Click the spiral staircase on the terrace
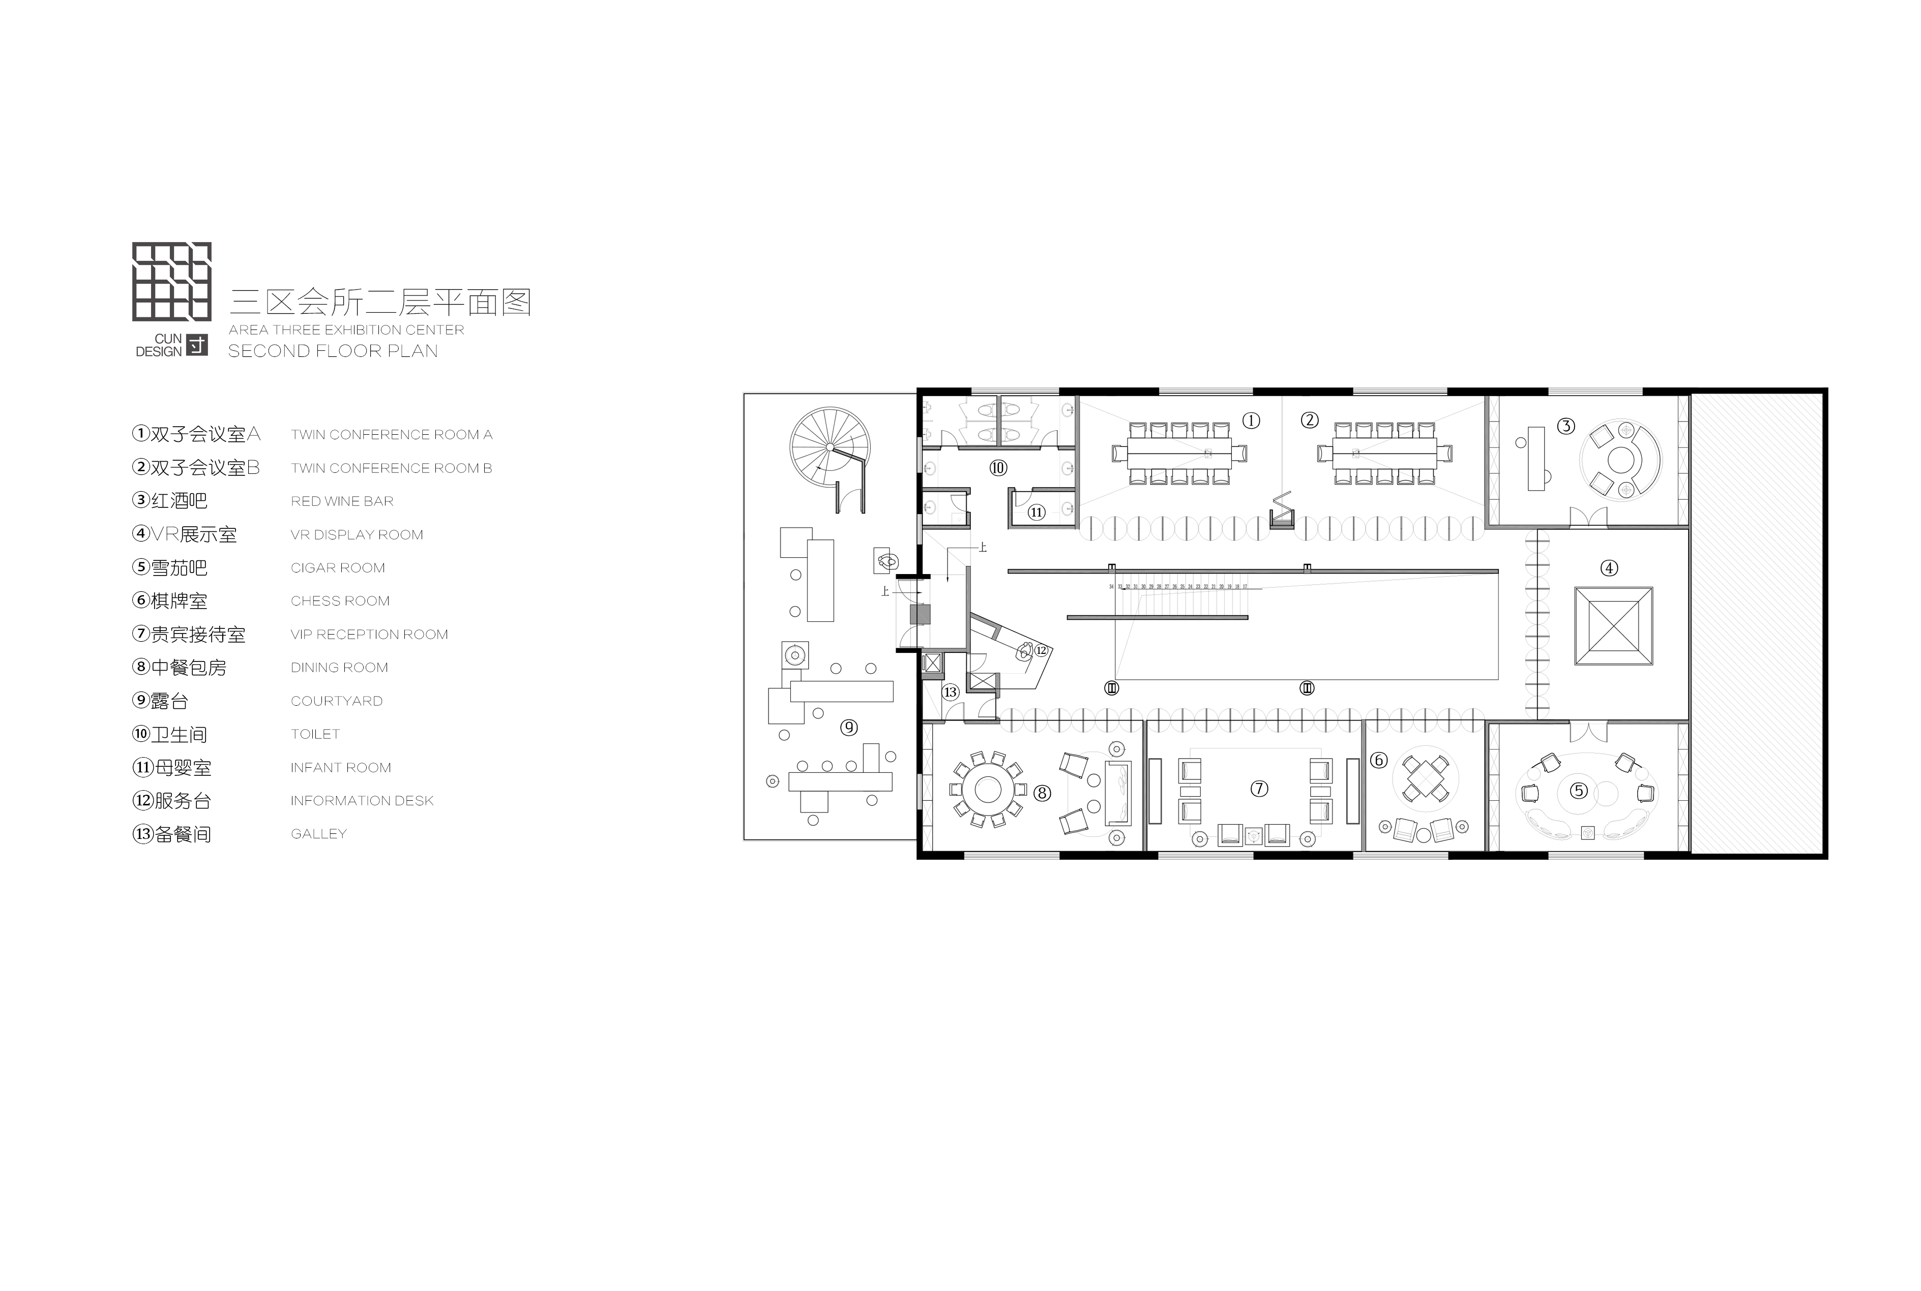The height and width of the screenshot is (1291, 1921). (x=829, y=447)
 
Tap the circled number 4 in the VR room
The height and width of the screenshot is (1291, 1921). (x=1608, y=568)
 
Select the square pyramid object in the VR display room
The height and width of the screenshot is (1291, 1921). (x=1613, y=626)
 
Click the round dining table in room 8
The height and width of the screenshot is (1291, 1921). (x=987, y=790)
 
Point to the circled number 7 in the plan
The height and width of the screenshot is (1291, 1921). (x=1259, y=789)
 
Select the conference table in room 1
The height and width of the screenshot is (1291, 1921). (x=1178, y=453)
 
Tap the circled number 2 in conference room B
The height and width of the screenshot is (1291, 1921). (x=1309, y=420)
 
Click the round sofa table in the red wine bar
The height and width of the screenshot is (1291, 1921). (x=1620, y=460)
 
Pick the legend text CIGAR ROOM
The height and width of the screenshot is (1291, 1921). (x=338, y=568)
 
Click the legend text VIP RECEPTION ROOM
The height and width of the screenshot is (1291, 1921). (x=369, y=635)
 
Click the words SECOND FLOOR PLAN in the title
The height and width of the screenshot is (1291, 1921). (x=333, y=351)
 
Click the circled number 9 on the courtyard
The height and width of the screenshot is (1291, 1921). (x=848, y=727)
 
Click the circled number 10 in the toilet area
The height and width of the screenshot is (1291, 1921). (x=998, y=468)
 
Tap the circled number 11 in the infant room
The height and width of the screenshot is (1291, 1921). (x=1036, y=512)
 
